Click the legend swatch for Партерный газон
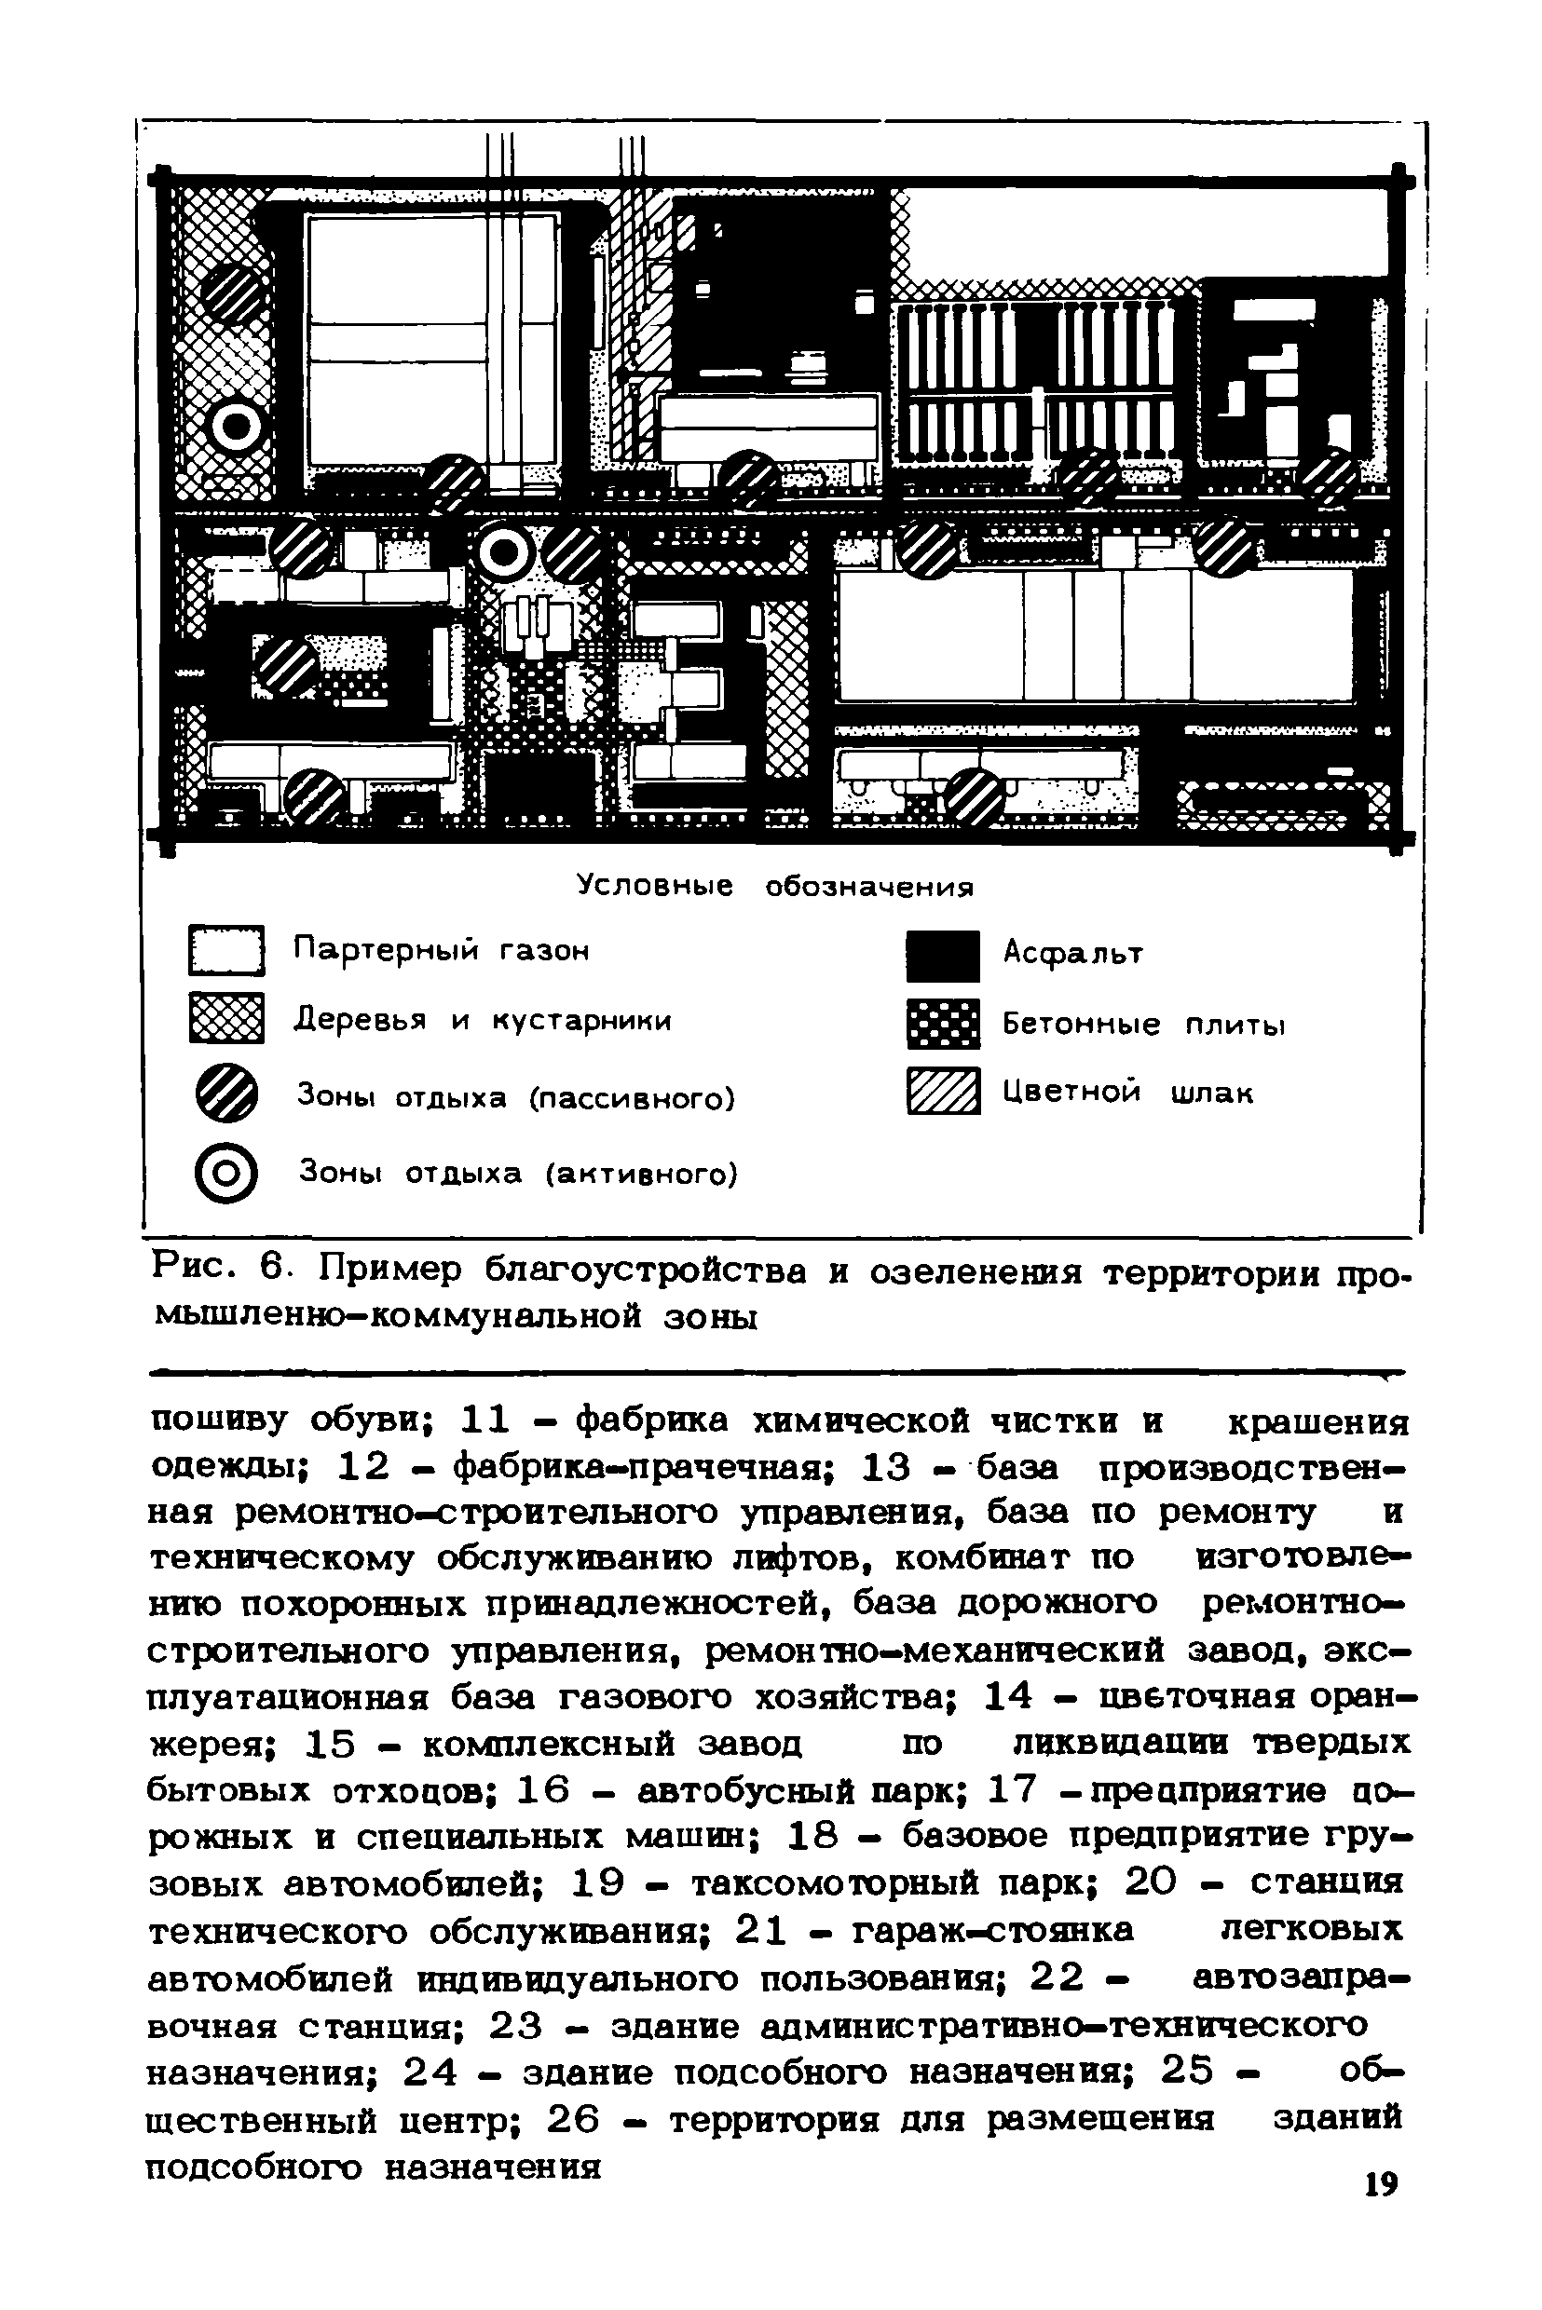point(226,950)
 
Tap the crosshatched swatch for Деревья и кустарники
point(226,1019)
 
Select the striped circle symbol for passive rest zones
point(226,1094)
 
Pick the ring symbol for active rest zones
point(226,1173)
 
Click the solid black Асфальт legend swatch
point(943,956)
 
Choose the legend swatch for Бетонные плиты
point(943,1025)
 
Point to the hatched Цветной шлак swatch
point(943,1091)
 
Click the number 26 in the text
point(572,2120)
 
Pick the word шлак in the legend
point(1211,1094)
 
